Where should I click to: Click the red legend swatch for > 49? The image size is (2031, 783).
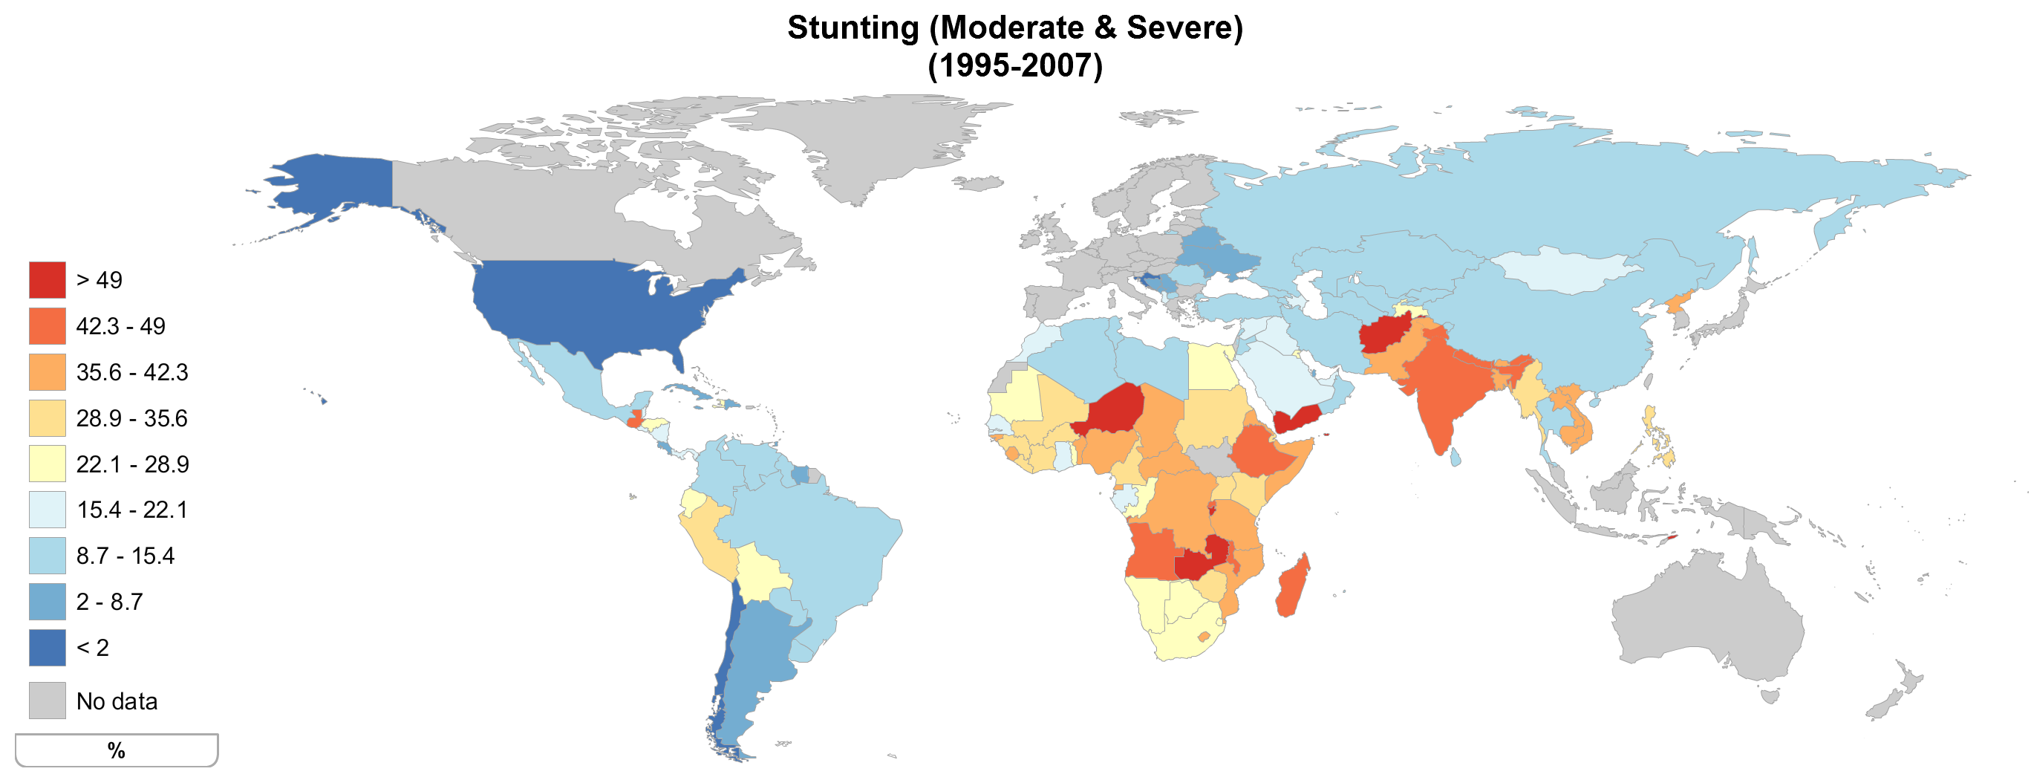tap(48, 280)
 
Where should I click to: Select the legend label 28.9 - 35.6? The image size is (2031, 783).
tap(131, 418)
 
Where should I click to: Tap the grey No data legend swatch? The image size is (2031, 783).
tap(48, 701)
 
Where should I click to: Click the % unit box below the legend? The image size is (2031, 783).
tap(116, 750)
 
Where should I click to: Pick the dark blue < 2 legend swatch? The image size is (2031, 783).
tap(48, 647)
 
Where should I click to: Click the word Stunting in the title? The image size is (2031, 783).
tap(853, 27)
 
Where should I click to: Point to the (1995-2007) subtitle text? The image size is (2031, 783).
tap(1014, 65)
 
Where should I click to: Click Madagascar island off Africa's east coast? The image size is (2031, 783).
tap(1291, 588)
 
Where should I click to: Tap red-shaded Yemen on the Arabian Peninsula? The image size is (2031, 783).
tap(1297, 418)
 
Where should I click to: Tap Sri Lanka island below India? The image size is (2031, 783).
tap(1455, 457)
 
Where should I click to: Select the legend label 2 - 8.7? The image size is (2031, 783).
tap(110, 602)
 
